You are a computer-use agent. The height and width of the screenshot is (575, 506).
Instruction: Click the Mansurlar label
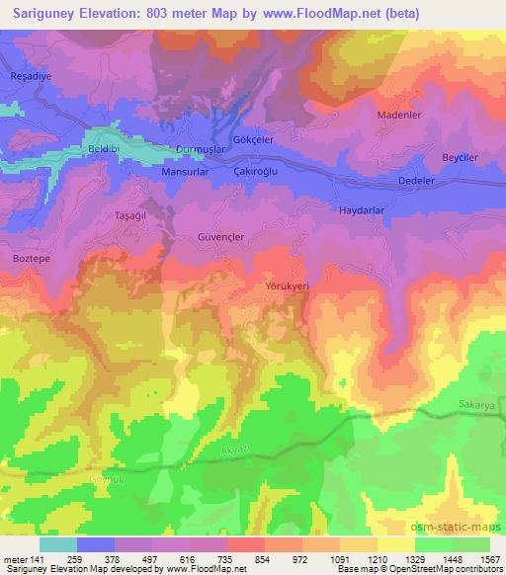pyautogui.click(x=184, y=170)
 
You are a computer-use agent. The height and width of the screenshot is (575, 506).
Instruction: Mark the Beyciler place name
pyautogui.click(x=460, y=158)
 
